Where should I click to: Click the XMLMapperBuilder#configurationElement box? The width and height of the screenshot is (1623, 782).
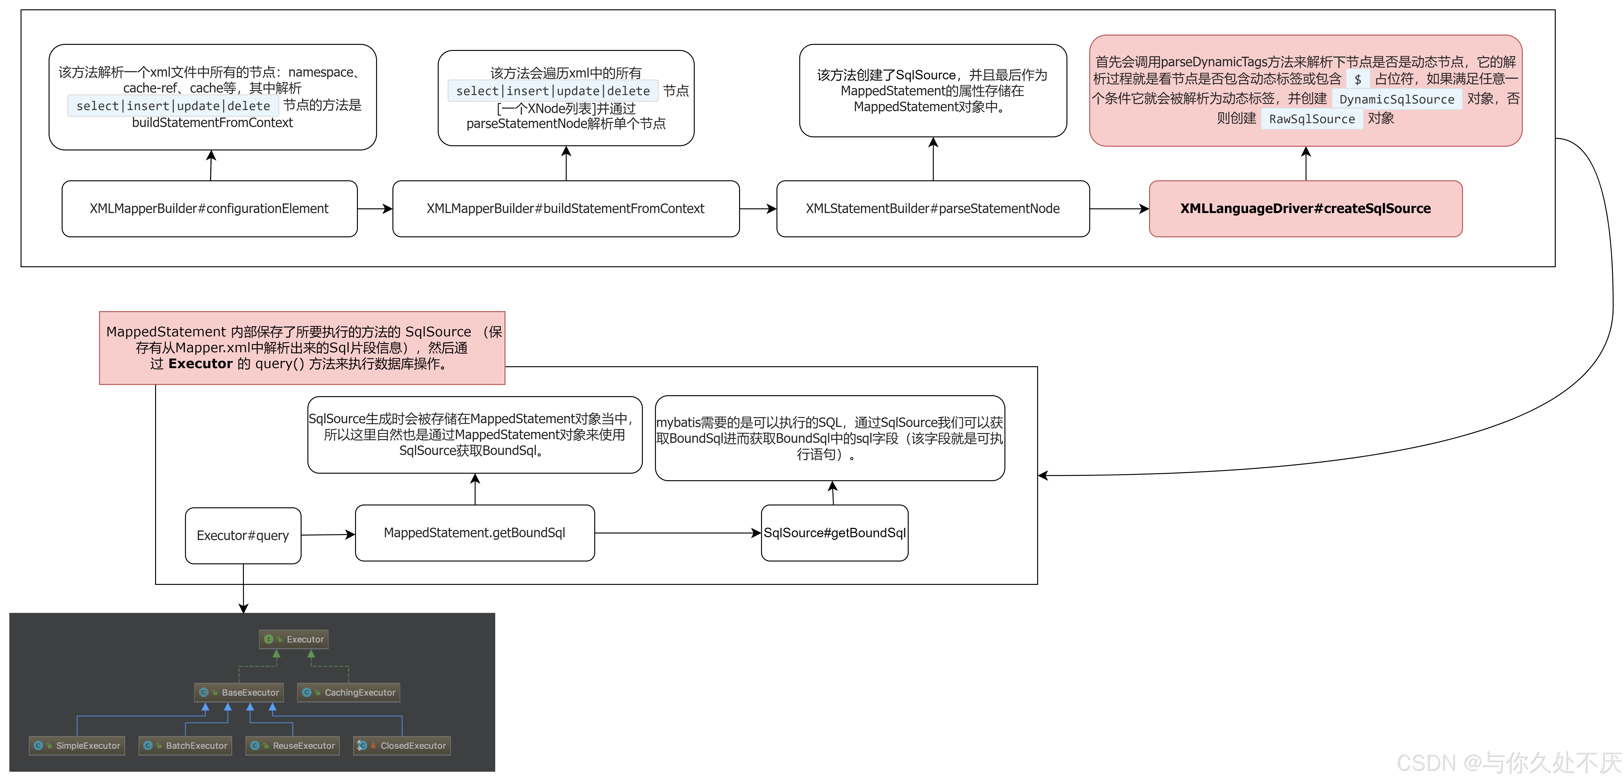(209, 209)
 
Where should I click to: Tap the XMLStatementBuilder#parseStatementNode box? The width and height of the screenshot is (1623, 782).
(933, 209)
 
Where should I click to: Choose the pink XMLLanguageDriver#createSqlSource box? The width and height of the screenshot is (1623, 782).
(1306, 209)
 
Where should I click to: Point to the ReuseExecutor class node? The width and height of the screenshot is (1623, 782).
(293, 746)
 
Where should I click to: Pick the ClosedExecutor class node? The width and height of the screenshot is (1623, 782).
(402, 746)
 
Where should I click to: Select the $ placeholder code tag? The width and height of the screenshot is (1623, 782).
(1358, 79)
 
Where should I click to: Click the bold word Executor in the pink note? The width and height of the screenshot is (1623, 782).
(200, 364)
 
